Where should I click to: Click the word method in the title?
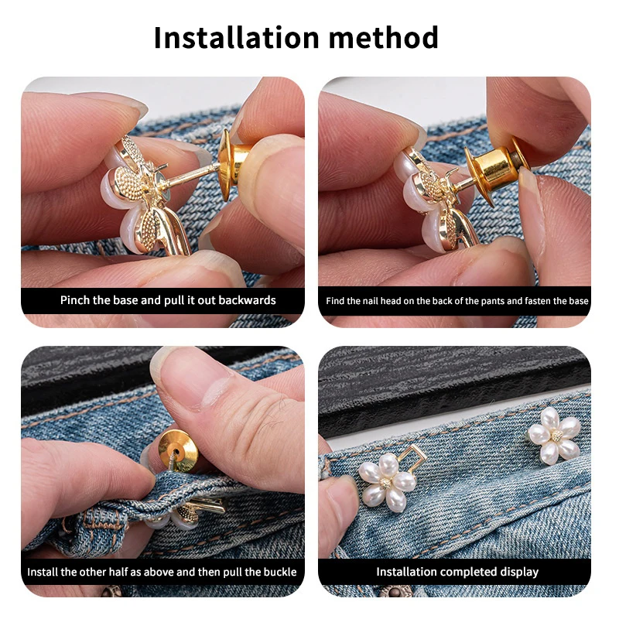coord(386,37)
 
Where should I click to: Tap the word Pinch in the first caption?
coord(75,300)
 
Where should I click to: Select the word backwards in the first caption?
coord(246,300)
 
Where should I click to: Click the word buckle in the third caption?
coord(279,573)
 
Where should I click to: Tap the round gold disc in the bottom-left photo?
coord(176,451)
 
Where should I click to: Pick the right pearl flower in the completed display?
coord(555,436)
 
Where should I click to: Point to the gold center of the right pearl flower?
coord(555,436)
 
